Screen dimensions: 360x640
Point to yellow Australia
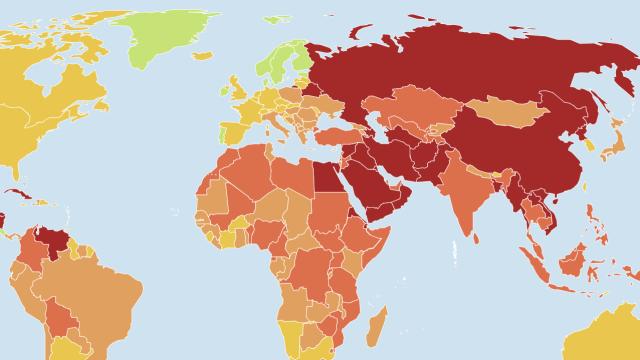point(610,335)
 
